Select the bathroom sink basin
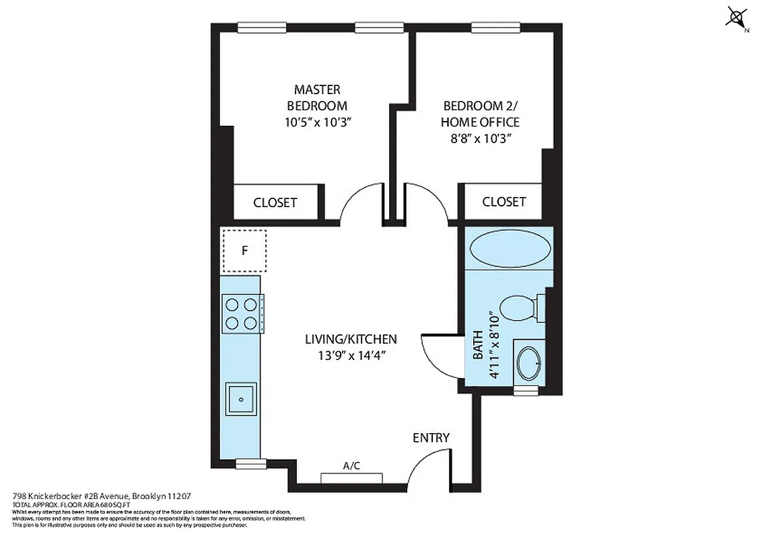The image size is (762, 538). click(527, 364)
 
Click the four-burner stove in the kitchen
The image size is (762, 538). click(240, 313)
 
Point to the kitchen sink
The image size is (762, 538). click(240, 399)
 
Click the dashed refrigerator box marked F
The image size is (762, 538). click(244, 251)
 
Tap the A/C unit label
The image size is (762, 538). click(351, 465)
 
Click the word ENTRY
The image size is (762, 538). click(431, 438)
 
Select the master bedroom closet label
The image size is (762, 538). click(275, 202)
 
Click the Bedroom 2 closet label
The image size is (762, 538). click(504, 202)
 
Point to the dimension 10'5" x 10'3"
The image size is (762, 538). click(317, 122)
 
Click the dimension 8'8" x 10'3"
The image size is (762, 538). click(481, 139)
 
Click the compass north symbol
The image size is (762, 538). click(736, 17)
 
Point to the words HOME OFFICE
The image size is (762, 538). click(481, 122)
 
